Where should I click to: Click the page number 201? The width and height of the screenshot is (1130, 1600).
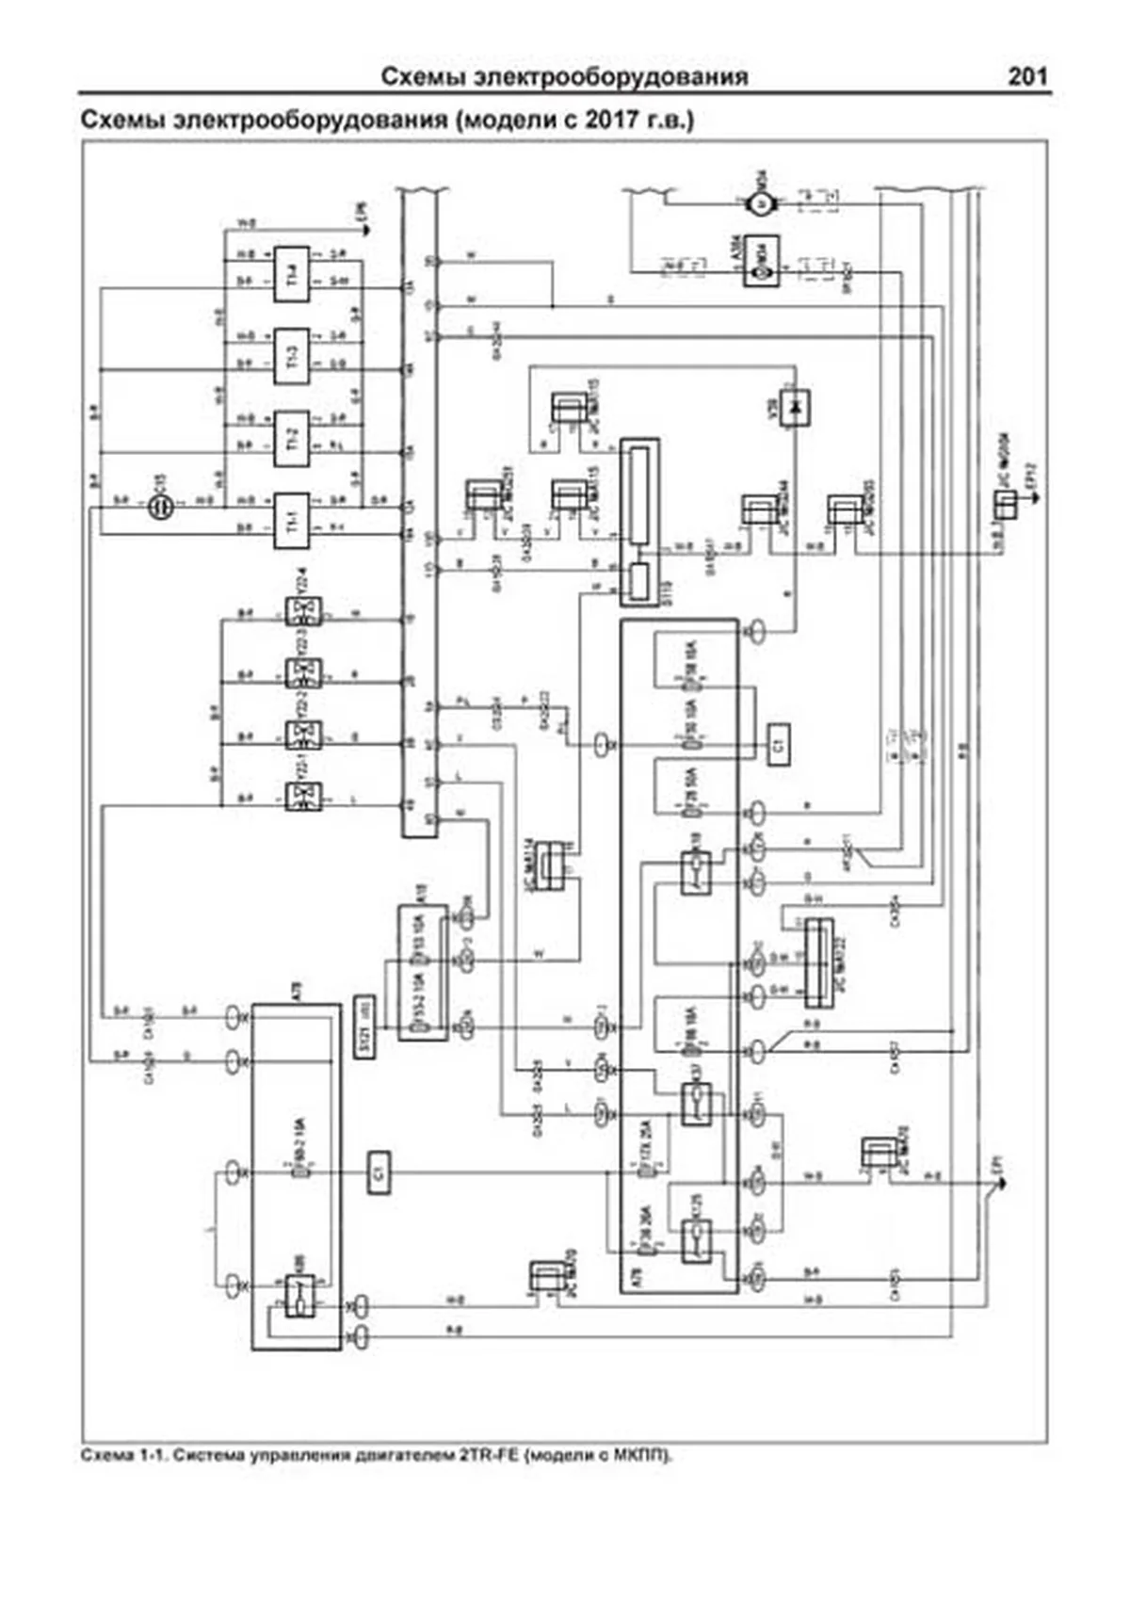pyautogui.click(x=1027, y=76)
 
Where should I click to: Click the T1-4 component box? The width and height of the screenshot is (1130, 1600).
pyautogui.click(x=291, y=274)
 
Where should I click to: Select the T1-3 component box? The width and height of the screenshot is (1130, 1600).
pyautogui.click(x=291, y=357)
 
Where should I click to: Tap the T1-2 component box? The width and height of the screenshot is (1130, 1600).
pyautogui.click(x=291, y=438)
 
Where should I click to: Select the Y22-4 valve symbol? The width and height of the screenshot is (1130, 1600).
pyautogui.click(x=303, y=611)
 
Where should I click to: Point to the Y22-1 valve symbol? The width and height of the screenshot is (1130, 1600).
pyautogui.click(x=303, y=797)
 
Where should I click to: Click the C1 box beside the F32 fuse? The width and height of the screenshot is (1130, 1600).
pyautogui.click(x=778, y=745)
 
